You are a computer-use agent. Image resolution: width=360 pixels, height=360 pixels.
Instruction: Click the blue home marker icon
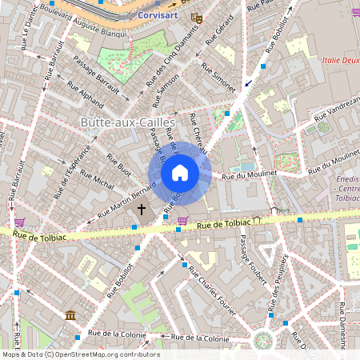[180, 173]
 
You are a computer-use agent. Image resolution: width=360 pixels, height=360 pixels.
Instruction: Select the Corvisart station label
[159, 14]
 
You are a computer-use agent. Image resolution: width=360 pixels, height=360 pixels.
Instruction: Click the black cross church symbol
[142, 210]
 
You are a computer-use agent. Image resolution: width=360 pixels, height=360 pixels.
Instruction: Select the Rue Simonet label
[218, 77]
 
